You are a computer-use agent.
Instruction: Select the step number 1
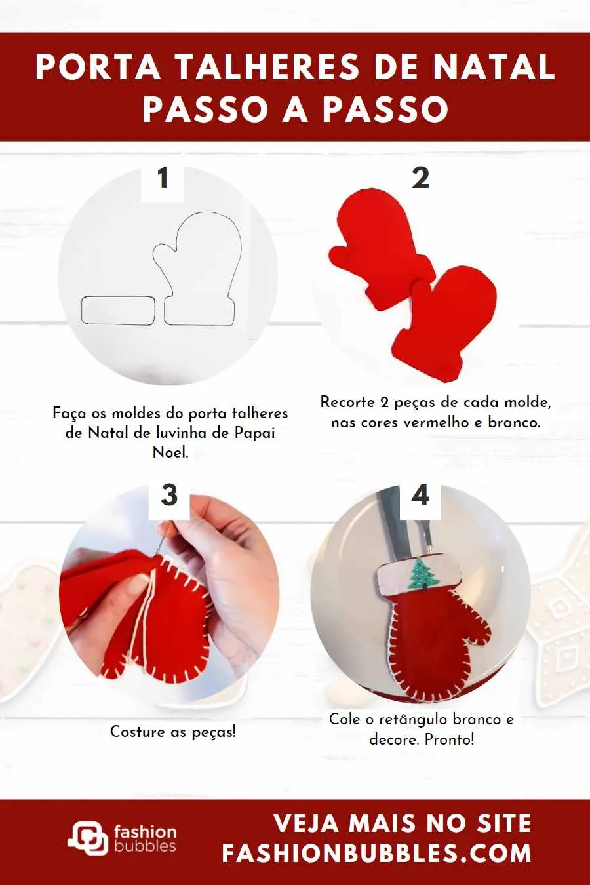tap(163, 178)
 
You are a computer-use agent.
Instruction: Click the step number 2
tap(420, 178)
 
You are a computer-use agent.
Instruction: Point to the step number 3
tap(169, 495)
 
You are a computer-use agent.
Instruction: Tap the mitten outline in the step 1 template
tap(197, 269)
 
